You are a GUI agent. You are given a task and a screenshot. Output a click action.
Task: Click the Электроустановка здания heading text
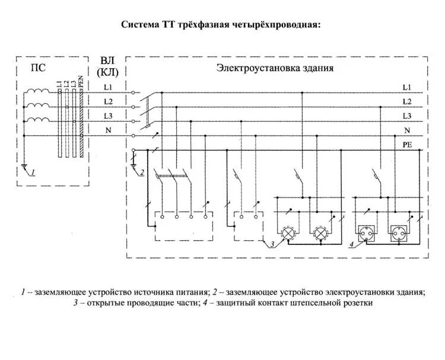tap(274, 68)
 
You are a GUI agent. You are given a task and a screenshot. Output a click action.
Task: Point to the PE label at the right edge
tap(407, 144)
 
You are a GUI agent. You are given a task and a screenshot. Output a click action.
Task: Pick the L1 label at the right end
tap(406, 87)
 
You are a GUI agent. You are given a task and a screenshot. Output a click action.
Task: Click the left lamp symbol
tap(289, 233)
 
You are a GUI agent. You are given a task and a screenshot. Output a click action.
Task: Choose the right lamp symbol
tap(320, 233)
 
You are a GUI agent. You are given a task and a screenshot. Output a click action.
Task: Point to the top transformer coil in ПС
tap(40, 91)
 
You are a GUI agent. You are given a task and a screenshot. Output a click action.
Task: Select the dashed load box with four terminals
tap(183, 226)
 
